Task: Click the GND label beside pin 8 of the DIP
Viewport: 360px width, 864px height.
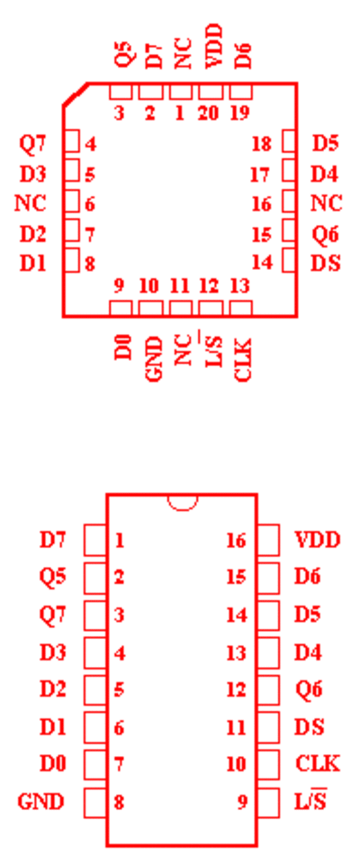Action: pyautogui.click(x=40, y=801)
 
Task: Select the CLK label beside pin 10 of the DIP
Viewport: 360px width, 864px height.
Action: pyautogui.click(x=318, y=763)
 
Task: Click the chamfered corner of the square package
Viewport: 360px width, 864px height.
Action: pyautogui.click(x=76, y=94)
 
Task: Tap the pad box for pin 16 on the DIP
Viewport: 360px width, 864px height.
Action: pyautogui.click(x=268, y=540)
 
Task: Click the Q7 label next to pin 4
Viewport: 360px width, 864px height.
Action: pyautogui.click(x=33, y=144)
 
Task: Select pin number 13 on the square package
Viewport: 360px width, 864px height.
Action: pyautogui.click(x=239, y=286)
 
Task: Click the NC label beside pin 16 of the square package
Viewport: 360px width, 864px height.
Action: pyautogui.click(x=327, y=203)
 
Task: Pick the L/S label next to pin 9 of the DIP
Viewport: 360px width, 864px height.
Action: pyautogui.click(x=310, y=801)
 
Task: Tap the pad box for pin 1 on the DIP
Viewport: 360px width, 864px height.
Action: pyautogui.click(x=94, y=540)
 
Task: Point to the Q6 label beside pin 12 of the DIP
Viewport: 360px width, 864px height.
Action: pyautogui.click(x=309, y=688)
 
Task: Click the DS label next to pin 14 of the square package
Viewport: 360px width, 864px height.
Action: pyautogui.click(x=325, y=264)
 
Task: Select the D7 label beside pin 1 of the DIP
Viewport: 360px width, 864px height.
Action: pyautogui.click(x=53, y=540)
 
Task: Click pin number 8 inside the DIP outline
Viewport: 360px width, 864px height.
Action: pyautogui.click(x=119, y=802)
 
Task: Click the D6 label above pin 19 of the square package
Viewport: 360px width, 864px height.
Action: pyautogui.click(x=243, y=54)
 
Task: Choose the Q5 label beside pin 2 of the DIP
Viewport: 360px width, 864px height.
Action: pyautogui.click(x=53, y=577)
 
